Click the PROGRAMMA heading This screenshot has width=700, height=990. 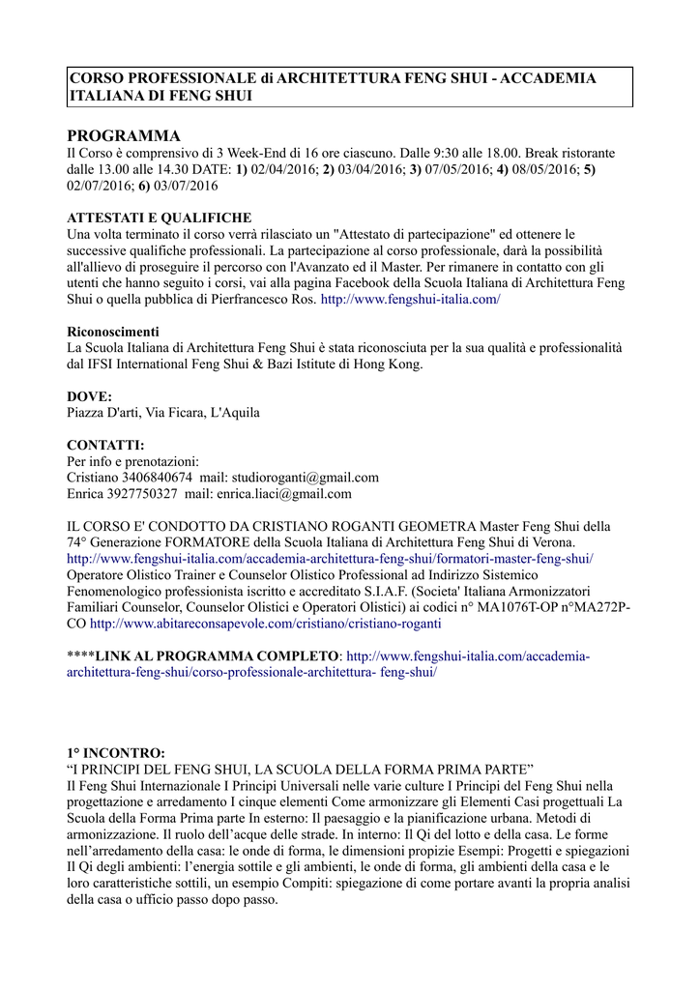(x=124, y=134)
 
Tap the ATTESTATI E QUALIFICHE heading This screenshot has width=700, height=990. (x=159, y=218)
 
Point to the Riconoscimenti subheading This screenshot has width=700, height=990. (x=113, y=332)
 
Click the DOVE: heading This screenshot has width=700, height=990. (x=90, y=396)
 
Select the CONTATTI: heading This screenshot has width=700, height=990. (x=105, y=445)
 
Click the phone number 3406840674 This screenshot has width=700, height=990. (x=158, y=478)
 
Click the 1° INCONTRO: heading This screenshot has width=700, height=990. (x=116, y=752)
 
